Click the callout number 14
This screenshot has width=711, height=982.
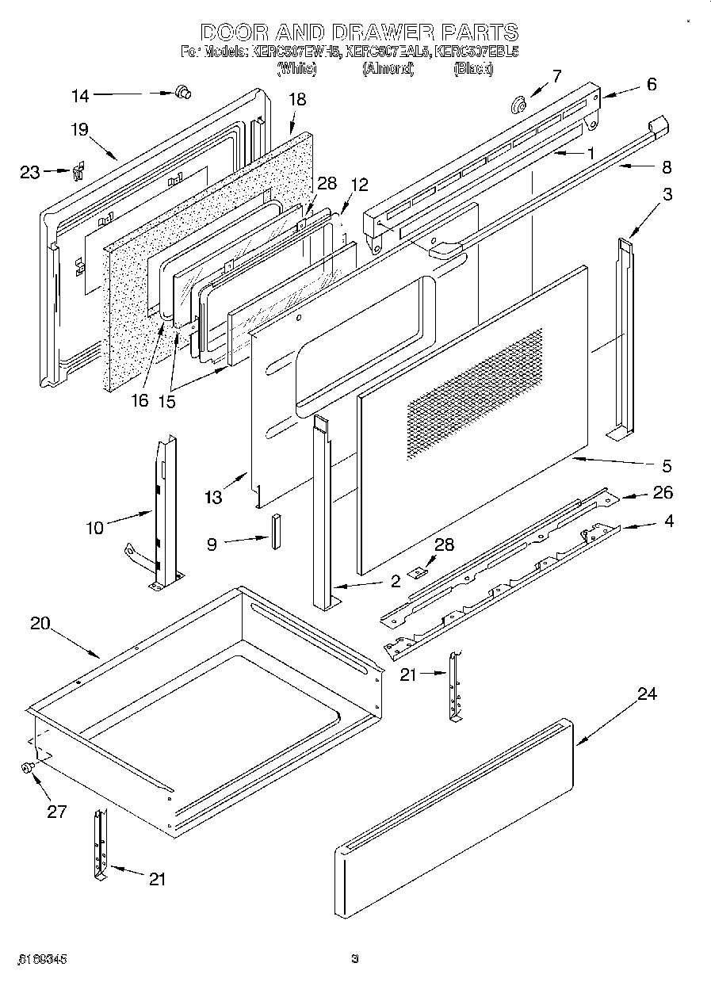tap(80, 96)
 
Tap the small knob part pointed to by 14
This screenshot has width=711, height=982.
tap(182, 94)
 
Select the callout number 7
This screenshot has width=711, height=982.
tap(556, 76)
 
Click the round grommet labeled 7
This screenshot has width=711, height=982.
tap(520, 104)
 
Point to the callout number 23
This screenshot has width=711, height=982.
tap(30, 171)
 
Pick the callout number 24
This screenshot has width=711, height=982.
tap(647, 694)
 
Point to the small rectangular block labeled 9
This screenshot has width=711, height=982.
tap(277, 531)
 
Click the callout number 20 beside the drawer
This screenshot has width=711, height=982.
tap(40, 623)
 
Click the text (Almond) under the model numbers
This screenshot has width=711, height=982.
tap(388, 69)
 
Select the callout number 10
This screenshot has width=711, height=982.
tap(95, 526)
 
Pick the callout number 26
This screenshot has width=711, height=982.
tap(663, 493)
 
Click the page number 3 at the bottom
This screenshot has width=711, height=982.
tap(355, 958)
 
